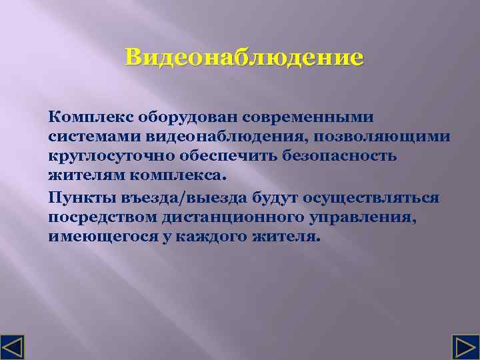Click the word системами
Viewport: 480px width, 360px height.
click(x=86, y=137)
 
